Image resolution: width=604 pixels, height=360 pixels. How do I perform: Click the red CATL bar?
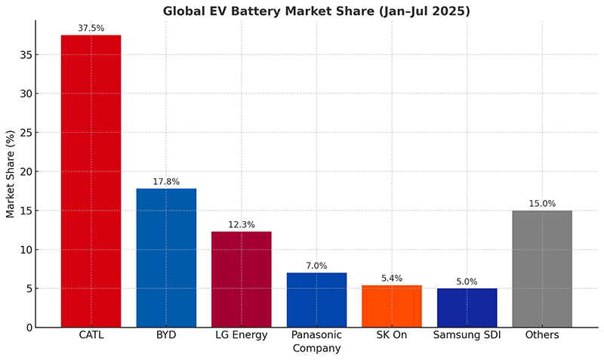pos(91,181)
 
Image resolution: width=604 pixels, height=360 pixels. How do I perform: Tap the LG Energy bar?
pos(241,279)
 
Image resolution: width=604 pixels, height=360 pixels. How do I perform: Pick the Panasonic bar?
pos(316,300)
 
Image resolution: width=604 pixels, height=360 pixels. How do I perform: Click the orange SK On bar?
pos(392,306)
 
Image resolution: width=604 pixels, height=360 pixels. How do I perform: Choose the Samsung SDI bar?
pos(467,308)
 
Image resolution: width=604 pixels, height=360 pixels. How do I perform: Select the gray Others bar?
pos(542,269)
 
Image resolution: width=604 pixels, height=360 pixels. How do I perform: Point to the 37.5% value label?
pos(91,28)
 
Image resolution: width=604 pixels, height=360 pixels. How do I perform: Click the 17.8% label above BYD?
pos(166,181)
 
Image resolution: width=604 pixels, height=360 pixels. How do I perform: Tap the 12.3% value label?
pos(241,224)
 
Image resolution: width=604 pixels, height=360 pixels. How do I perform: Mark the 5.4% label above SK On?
pos(392,278)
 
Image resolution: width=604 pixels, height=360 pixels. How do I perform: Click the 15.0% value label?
pos(542,203)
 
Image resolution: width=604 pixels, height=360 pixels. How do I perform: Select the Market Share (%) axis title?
pos(11,173)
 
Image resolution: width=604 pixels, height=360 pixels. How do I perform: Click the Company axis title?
pos(316,349)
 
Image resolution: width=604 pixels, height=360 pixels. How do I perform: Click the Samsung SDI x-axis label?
pos(467,335)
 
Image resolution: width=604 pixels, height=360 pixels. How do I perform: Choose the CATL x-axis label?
pos(91,335)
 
